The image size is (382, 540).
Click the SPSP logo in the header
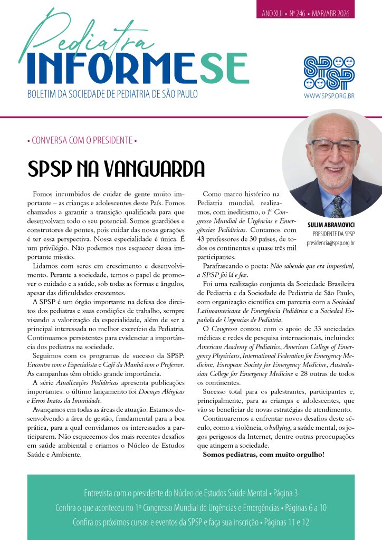click(x=329, y=72)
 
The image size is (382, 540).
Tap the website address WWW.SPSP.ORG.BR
click(x=329, y=97)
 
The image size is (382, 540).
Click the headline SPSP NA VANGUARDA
click(x=116, y=169)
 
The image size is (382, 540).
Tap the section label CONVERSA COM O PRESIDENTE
click(x=82, y=141)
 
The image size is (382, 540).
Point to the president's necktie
click(x=337, y=206)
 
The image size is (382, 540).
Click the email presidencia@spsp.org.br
click(x=330, y=243)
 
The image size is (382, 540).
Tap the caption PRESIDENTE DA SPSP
click(x=333, y=234)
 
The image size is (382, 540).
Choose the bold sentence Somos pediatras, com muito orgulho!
click(x=263, y=454)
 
